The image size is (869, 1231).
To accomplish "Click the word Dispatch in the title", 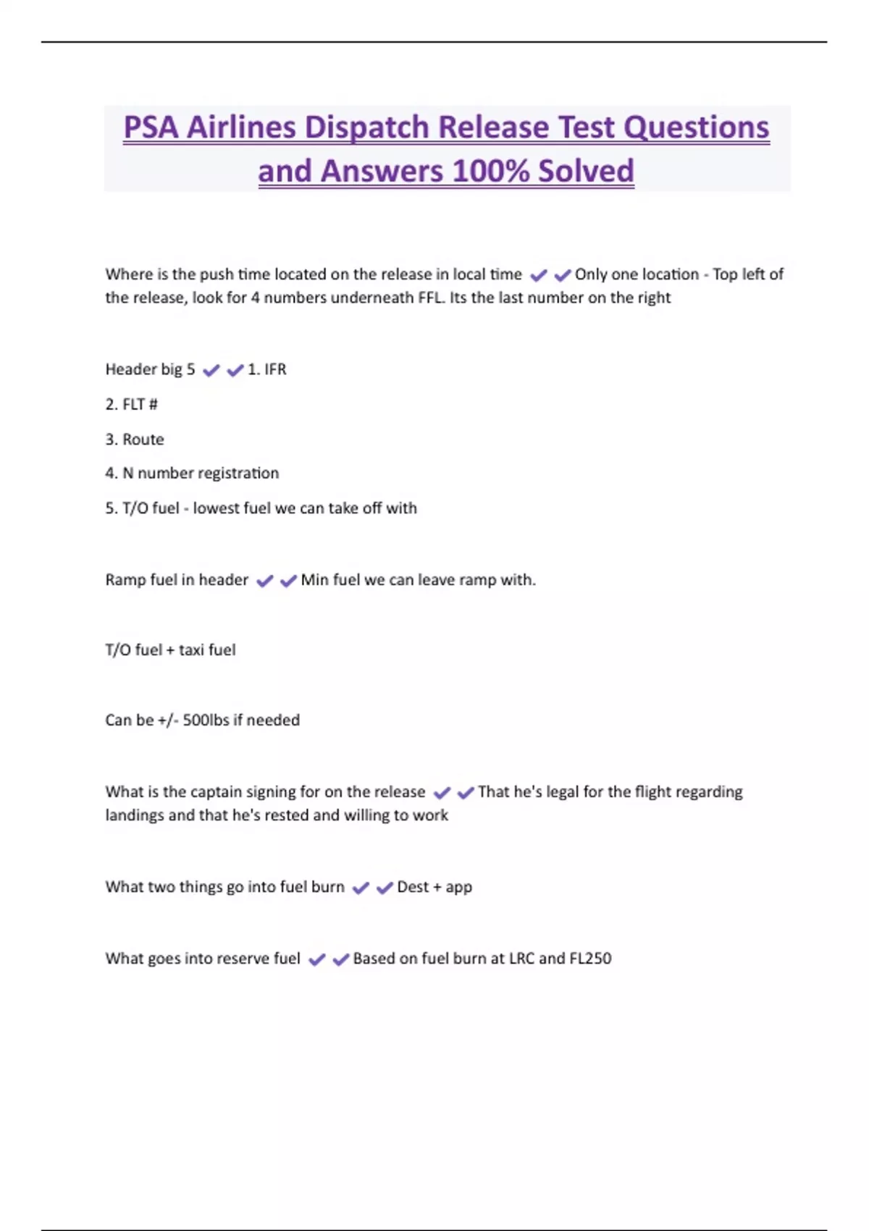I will click(367, 128).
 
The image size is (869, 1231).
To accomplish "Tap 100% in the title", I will click(490, 172).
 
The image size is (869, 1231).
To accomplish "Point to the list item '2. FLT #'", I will click(131, 404).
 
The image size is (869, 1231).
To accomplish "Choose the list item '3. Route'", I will click(135, 440).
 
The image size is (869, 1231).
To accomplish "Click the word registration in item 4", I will click(238, 474).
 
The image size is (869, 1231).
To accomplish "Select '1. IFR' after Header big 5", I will click(267, 369).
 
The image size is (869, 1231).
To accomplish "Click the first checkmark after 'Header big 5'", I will click(211, 371).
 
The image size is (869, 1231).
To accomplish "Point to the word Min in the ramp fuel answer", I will click(314, 580).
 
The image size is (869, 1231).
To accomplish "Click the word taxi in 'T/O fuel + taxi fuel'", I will click(191, 650).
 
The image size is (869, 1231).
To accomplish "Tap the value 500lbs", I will click(206, 720).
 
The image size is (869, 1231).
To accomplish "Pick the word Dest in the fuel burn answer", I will click(413, 887).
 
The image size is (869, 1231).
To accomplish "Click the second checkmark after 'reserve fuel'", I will click(340, 960).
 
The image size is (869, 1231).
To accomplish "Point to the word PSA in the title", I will click(151, 128).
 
